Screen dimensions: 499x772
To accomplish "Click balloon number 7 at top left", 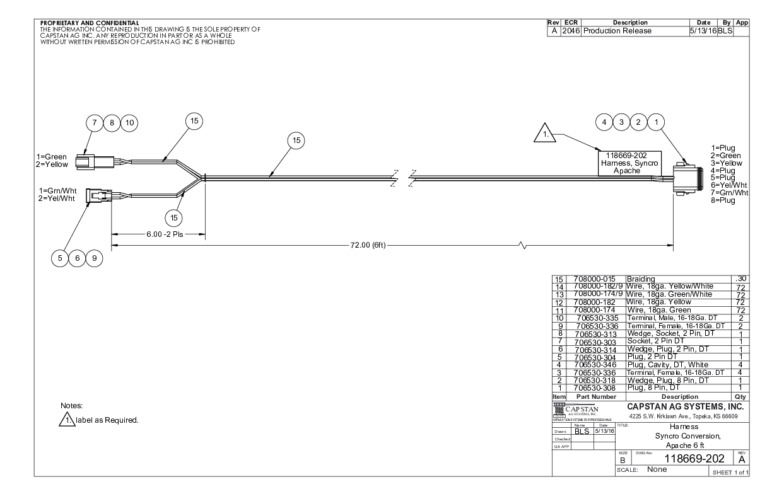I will (x=96, y=123).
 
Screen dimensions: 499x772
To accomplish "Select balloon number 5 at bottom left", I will (x=61, y=258).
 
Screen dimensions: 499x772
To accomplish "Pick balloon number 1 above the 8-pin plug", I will (x=656, y=122).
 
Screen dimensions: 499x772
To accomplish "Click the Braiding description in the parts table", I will (x=641, y=278).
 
